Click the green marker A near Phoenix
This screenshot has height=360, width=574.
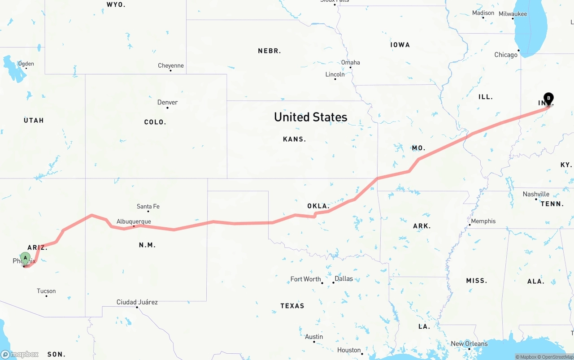click(26, 258)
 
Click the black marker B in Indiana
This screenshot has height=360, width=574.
click(548, 98)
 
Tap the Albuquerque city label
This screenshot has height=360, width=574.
click(134, 221)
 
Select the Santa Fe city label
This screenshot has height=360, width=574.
click(148, 207)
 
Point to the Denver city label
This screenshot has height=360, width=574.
click(167, 103)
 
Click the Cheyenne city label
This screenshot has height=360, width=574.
click(170, 66)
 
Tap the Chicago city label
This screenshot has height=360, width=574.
click(505, 55)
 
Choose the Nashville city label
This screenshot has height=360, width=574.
click(536, 194)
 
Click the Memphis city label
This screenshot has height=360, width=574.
click(483, 221)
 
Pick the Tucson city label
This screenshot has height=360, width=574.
click(46, 291)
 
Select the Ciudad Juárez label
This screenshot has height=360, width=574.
click(137, 302)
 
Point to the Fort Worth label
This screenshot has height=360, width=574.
click(305, 279)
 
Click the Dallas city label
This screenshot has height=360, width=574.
click(344, 278)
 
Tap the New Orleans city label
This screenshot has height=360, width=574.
click(469, 344)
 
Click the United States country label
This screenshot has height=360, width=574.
click(310, 117)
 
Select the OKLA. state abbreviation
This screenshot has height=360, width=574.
click(318, 206)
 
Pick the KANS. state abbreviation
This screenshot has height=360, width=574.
click(294, 139)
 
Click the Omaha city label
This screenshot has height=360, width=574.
click(350, 62)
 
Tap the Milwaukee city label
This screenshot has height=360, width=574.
click(513, 14)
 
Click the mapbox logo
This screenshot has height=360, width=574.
click(20, 354)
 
